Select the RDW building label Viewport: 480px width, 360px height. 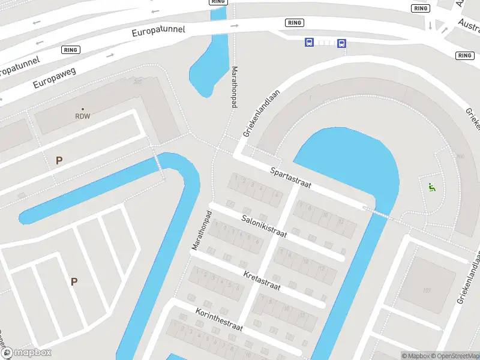(82, 116)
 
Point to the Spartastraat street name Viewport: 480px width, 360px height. (290, 178)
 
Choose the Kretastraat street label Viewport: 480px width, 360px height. (262, 280)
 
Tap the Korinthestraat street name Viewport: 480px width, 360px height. (218, 319)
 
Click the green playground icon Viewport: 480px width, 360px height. (431, 187)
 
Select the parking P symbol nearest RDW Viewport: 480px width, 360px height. (59, 160)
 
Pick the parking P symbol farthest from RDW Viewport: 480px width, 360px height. (74, 281)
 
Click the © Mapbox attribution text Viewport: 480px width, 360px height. (415, 356)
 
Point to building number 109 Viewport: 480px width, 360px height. (427, 290)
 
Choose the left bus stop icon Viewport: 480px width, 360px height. (309, 43)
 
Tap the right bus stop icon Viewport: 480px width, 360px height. (341, 43)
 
